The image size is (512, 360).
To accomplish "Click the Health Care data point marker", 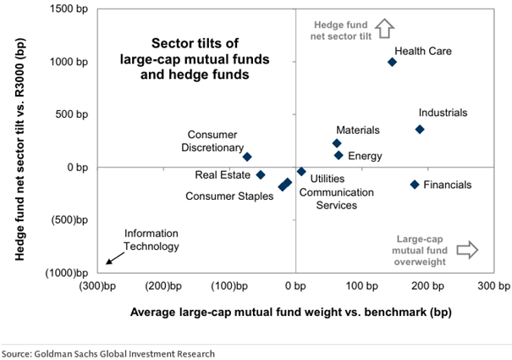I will [x=392, y=62].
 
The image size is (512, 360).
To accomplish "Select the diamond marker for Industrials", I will [x=420, y=130].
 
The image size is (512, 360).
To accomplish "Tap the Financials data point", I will [x=415, y=185].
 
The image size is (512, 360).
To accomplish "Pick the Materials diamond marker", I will [x=337, y=143].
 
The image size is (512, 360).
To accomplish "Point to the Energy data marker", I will [x=339, y=156].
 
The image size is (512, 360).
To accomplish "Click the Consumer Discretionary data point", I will [x=247, y=157].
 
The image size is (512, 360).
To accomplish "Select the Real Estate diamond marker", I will [x=261, y=174].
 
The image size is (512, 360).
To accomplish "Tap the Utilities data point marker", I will [x=301, y=171].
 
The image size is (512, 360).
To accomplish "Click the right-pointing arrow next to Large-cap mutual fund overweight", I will [x=467, y=249].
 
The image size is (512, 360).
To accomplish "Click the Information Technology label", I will [x=152, y=241].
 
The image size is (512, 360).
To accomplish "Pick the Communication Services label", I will [x=337, y=198].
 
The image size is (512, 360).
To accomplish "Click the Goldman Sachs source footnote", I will [x=108, y=353].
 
